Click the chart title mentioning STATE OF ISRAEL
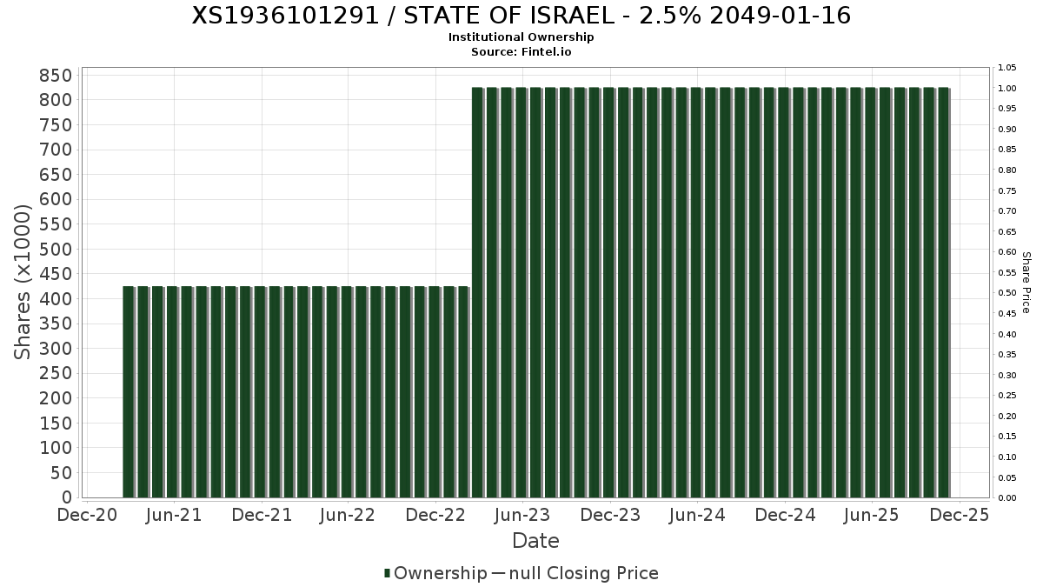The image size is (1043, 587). point(521,16)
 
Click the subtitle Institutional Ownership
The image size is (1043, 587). point(521,37)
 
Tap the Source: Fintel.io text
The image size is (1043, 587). point(521,51)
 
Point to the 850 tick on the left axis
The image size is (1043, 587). point(56,76)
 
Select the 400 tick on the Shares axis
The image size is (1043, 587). point(56,299)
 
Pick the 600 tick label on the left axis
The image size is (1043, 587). point(56,200)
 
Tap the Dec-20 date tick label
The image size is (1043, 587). point(87,515)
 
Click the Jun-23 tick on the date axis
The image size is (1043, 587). point(521,515)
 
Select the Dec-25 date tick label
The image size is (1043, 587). point(960,515)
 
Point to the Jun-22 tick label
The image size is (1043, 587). point(348,515)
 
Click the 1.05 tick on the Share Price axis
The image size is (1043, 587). point(1007,68)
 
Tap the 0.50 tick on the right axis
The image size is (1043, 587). point(1007,293)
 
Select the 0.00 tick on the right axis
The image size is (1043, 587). point(1007,498)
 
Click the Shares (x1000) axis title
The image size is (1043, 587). point(23,282)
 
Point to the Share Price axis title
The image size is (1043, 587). point(1026,283)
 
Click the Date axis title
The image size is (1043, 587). point(535,541)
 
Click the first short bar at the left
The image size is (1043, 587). point(129,391)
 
